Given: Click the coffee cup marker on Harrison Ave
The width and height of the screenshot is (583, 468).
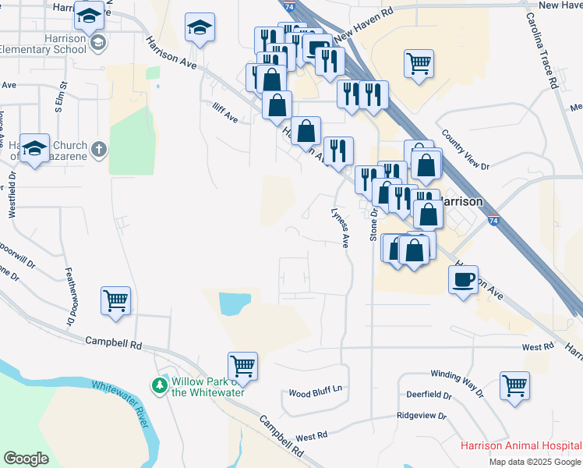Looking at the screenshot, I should [463, 279].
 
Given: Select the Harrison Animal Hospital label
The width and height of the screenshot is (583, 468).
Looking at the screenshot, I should [520, 446].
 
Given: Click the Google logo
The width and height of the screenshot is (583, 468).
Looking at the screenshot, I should [26, 458].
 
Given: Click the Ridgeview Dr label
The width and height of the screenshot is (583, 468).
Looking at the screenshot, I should [421, 417].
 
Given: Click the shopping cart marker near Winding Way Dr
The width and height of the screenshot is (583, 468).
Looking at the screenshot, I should [515, 385].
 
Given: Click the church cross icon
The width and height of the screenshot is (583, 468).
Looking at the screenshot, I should [99, 148].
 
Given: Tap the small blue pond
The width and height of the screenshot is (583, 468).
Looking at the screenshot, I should [235, 303].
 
